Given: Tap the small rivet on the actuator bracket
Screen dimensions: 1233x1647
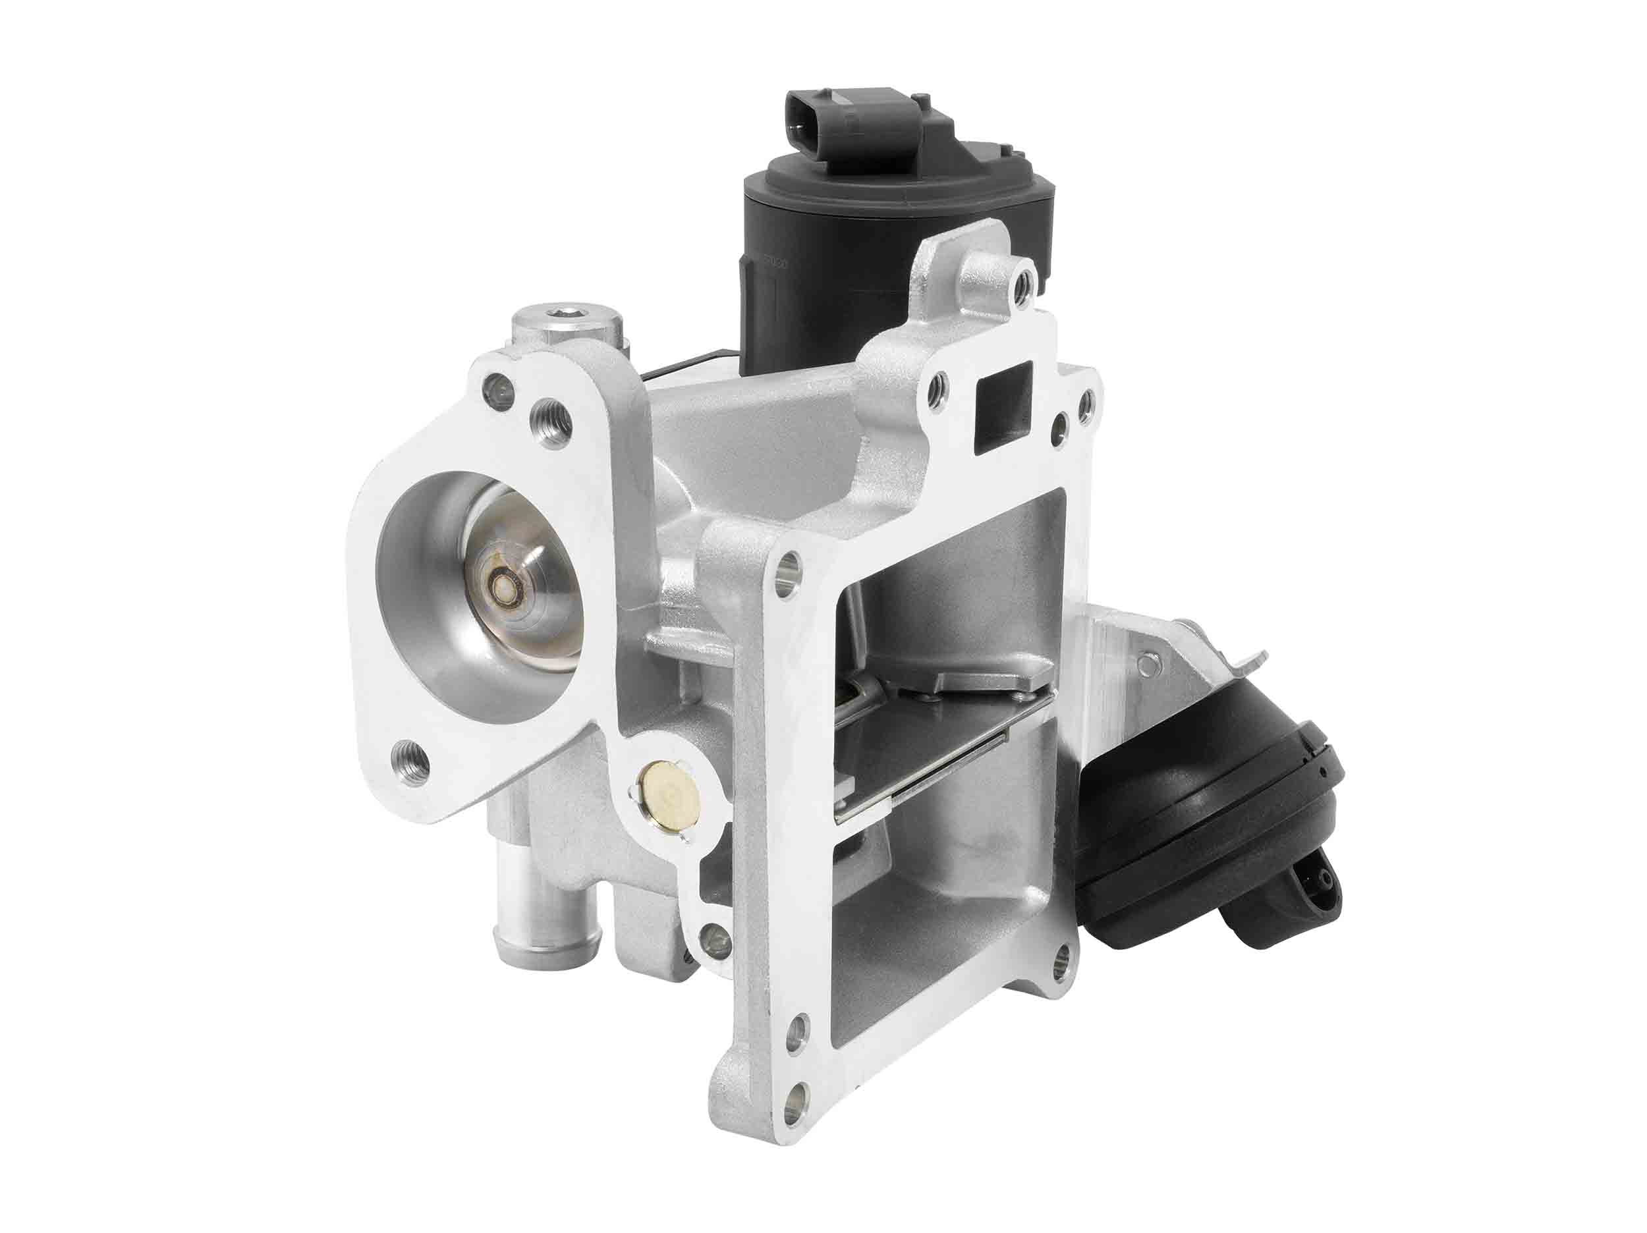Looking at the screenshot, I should click(1153, 658).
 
